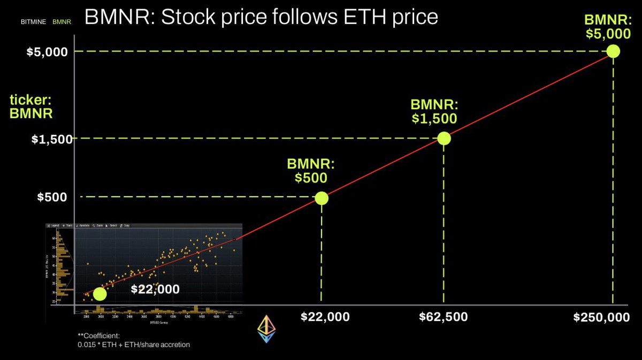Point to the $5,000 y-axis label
coord(48,52)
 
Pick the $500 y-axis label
coord(52,197)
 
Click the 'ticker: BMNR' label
coord(31,106)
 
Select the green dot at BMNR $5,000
coord(613,51)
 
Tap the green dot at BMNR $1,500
coord(444,139)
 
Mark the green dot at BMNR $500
coord(322,198)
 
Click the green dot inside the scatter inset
coord(100,294)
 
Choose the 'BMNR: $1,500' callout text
coord(434,111)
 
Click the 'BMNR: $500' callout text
coord(311,171)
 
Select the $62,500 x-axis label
coord(443,317)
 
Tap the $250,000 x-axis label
coord(601,317)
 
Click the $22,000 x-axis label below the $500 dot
coord(325,317)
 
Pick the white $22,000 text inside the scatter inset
coord(155,289)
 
